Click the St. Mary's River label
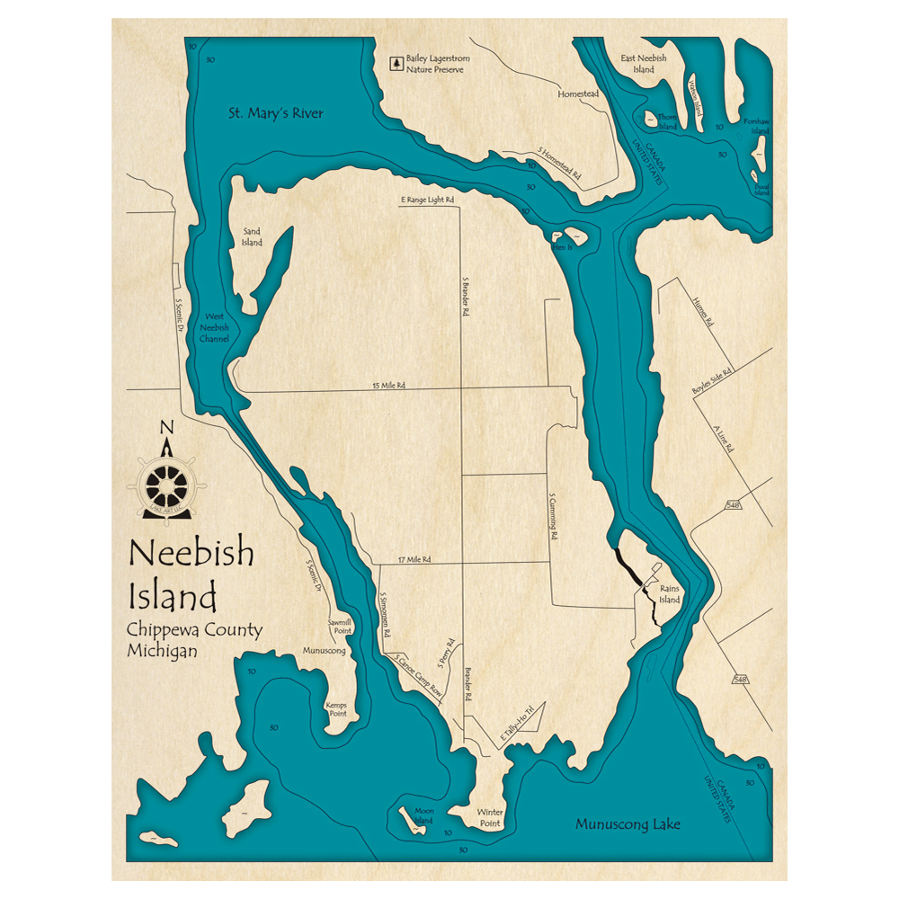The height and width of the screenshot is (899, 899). point(274,113)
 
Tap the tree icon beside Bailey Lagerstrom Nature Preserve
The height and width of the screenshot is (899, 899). point(395,63)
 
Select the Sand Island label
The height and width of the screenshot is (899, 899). point(252,236)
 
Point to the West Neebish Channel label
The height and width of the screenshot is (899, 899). point(216,327)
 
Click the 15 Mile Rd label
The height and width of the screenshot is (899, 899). point(388,386)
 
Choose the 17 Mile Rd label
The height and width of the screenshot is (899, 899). point(414,559)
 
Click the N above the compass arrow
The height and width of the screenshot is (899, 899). point(166,427)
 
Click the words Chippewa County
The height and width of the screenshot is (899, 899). point(194,629)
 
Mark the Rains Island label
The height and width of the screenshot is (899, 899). point(670,594)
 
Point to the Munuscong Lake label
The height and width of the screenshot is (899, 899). point(628,823)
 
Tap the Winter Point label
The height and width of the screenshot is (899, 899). point(491,817)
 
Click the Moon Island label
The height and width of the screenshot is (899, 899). point(423,815)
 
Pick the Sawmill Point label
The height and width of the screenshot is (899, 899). point(339,626)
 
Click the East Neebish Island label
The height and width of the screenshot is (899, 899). point(644,63)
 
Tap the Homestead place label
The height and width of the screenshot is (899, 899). point(577,93)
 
